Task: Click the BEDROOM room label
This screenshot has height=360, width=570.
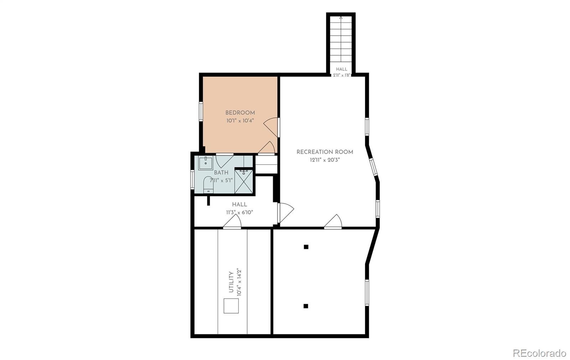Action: point(240,113)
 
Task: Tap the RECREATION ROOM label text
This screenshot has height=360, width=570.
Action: point(325,152)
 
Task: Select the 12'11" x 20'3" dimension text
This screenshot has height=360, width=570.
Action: point(325,160)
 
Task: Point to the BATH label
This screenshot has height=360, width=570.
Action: point(221,173)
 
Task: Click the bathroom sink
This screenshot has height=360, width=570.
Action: point(206,163)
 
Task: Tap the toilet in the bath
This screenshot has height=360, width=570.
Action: point(208,184)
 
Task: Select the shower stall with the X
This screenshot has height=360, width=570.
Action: point(244,181)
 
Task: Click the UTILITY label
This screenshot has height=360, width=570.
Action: point(231,282)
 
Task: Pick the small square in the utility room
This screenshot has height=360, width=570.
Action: point(231,306)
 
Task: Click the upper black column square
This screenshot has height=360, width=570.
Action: point(306,247)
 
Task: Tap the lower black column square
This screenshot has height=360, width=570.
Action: point(306,306)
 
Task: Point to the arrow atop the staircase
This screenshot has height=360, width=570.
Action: point(341,18)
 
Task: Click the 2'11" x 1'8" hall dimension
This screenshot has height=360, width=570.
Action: point(342,75)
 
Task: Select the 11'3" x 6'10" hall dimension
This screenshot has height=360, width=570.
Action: point(239,213)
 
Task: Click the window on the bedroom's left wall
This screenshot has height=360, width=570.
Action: point(201,111)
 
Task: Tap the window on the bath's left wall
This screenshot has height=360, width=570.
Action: point(192,179)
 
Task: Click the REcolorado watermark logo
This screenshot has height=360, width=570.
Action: point(539,353)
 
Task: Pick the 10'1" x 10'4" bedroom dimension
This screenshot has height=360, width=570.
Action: point(240,121)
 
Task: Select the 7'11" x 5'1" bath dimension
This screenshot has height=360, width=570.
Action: point(221,181)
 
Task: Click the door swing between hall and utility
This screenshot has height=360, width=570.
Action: point(232,221)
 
